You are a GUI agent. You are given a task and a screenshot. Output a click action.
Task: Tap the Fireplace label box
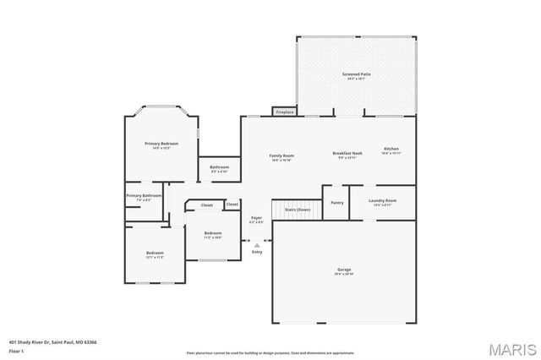pyautogui.click(x=285, y=112)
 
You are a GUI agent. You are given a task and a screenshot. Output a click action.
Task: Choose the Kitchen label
pyautogui.click(x=391, y=151)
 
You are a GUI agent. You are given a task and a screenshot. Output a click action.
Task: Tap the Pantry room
pyautogui.click(x=336, y=203)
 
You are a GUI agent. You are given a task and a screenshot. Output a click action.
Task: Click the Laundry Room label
pyautogui.click(x=382, y=202)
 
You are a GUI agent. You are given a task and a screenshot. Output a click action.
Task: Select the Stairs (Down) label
pyautogui.click(x=297, y=209)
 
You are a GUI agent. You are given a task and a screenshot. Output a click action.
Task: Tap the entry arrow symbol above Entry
pyautogui.click(x=257, y=245)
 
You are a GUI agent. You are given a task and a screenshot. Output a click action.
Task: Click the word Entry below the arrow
pyautogui.click(x=257, y=252)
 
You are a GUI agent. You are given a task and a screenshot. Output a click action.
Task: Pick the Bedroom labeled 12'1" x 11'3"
pyautogui.click(x=154, y=254)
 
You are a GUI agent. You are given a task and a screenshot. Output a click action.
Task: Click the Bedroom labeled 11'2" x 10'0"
pyautogui.click(x=213, y=234)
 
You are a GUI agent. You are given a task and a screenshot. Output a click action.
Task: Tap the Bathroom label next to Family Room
pyautogui.click(x=219, y=168)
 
